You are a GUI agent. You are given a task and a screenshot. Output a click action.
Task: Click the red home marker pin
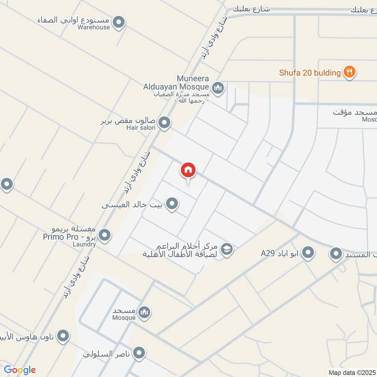click(x=188, y=171)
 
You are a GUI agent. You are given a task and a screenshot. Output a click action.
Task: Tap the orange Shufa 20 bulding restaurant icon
click(x=349, y=72)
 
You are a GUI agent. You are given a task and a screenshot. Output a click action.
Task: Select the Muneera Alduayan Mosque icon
click(x=218, y=87)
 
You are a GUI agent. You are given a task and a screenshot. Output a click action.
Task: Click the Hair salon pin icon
click(x=164, y=123)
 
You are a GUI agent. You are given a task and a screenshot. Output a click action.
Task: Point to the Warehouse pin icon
click(x=119, y=22)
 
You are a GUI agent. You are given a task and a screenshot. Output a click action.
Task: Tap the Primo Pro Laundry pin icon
click(x=105, y=234)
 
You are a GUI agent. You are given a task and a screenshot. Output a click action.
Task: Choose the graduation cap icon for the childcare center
click(x=227, y=248)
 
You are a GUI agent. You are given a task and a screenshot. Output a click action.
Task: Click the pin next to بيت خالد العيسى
click(x=172, y=204)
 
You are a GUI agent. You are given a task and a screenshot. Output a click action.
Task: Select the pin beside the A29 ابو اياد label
click(x=308, y=253)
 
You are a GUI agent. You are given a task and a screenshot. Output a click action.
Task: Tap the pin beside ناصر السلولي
click(x=139, y=352)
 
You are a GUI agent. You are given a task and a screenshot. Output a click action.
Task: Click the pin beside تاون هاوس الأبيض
click(x=63, y=336)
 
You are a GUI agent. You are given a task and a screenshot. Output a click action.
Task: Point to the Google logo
click(x=20, y=370)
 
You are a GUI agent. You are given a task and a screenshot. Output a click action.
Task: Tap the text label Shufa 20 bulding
click(x=310, y=73)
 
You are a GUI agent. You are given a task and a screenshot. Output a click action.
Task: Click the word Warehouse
click(x=94, y=27)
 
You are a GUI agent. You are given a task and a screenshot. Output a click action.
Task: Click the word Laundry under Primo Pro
click(x=84, y=245)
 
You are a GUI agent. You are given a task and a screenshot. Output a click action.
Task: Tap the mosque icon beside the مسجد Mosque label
click(x=145, y=312)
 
